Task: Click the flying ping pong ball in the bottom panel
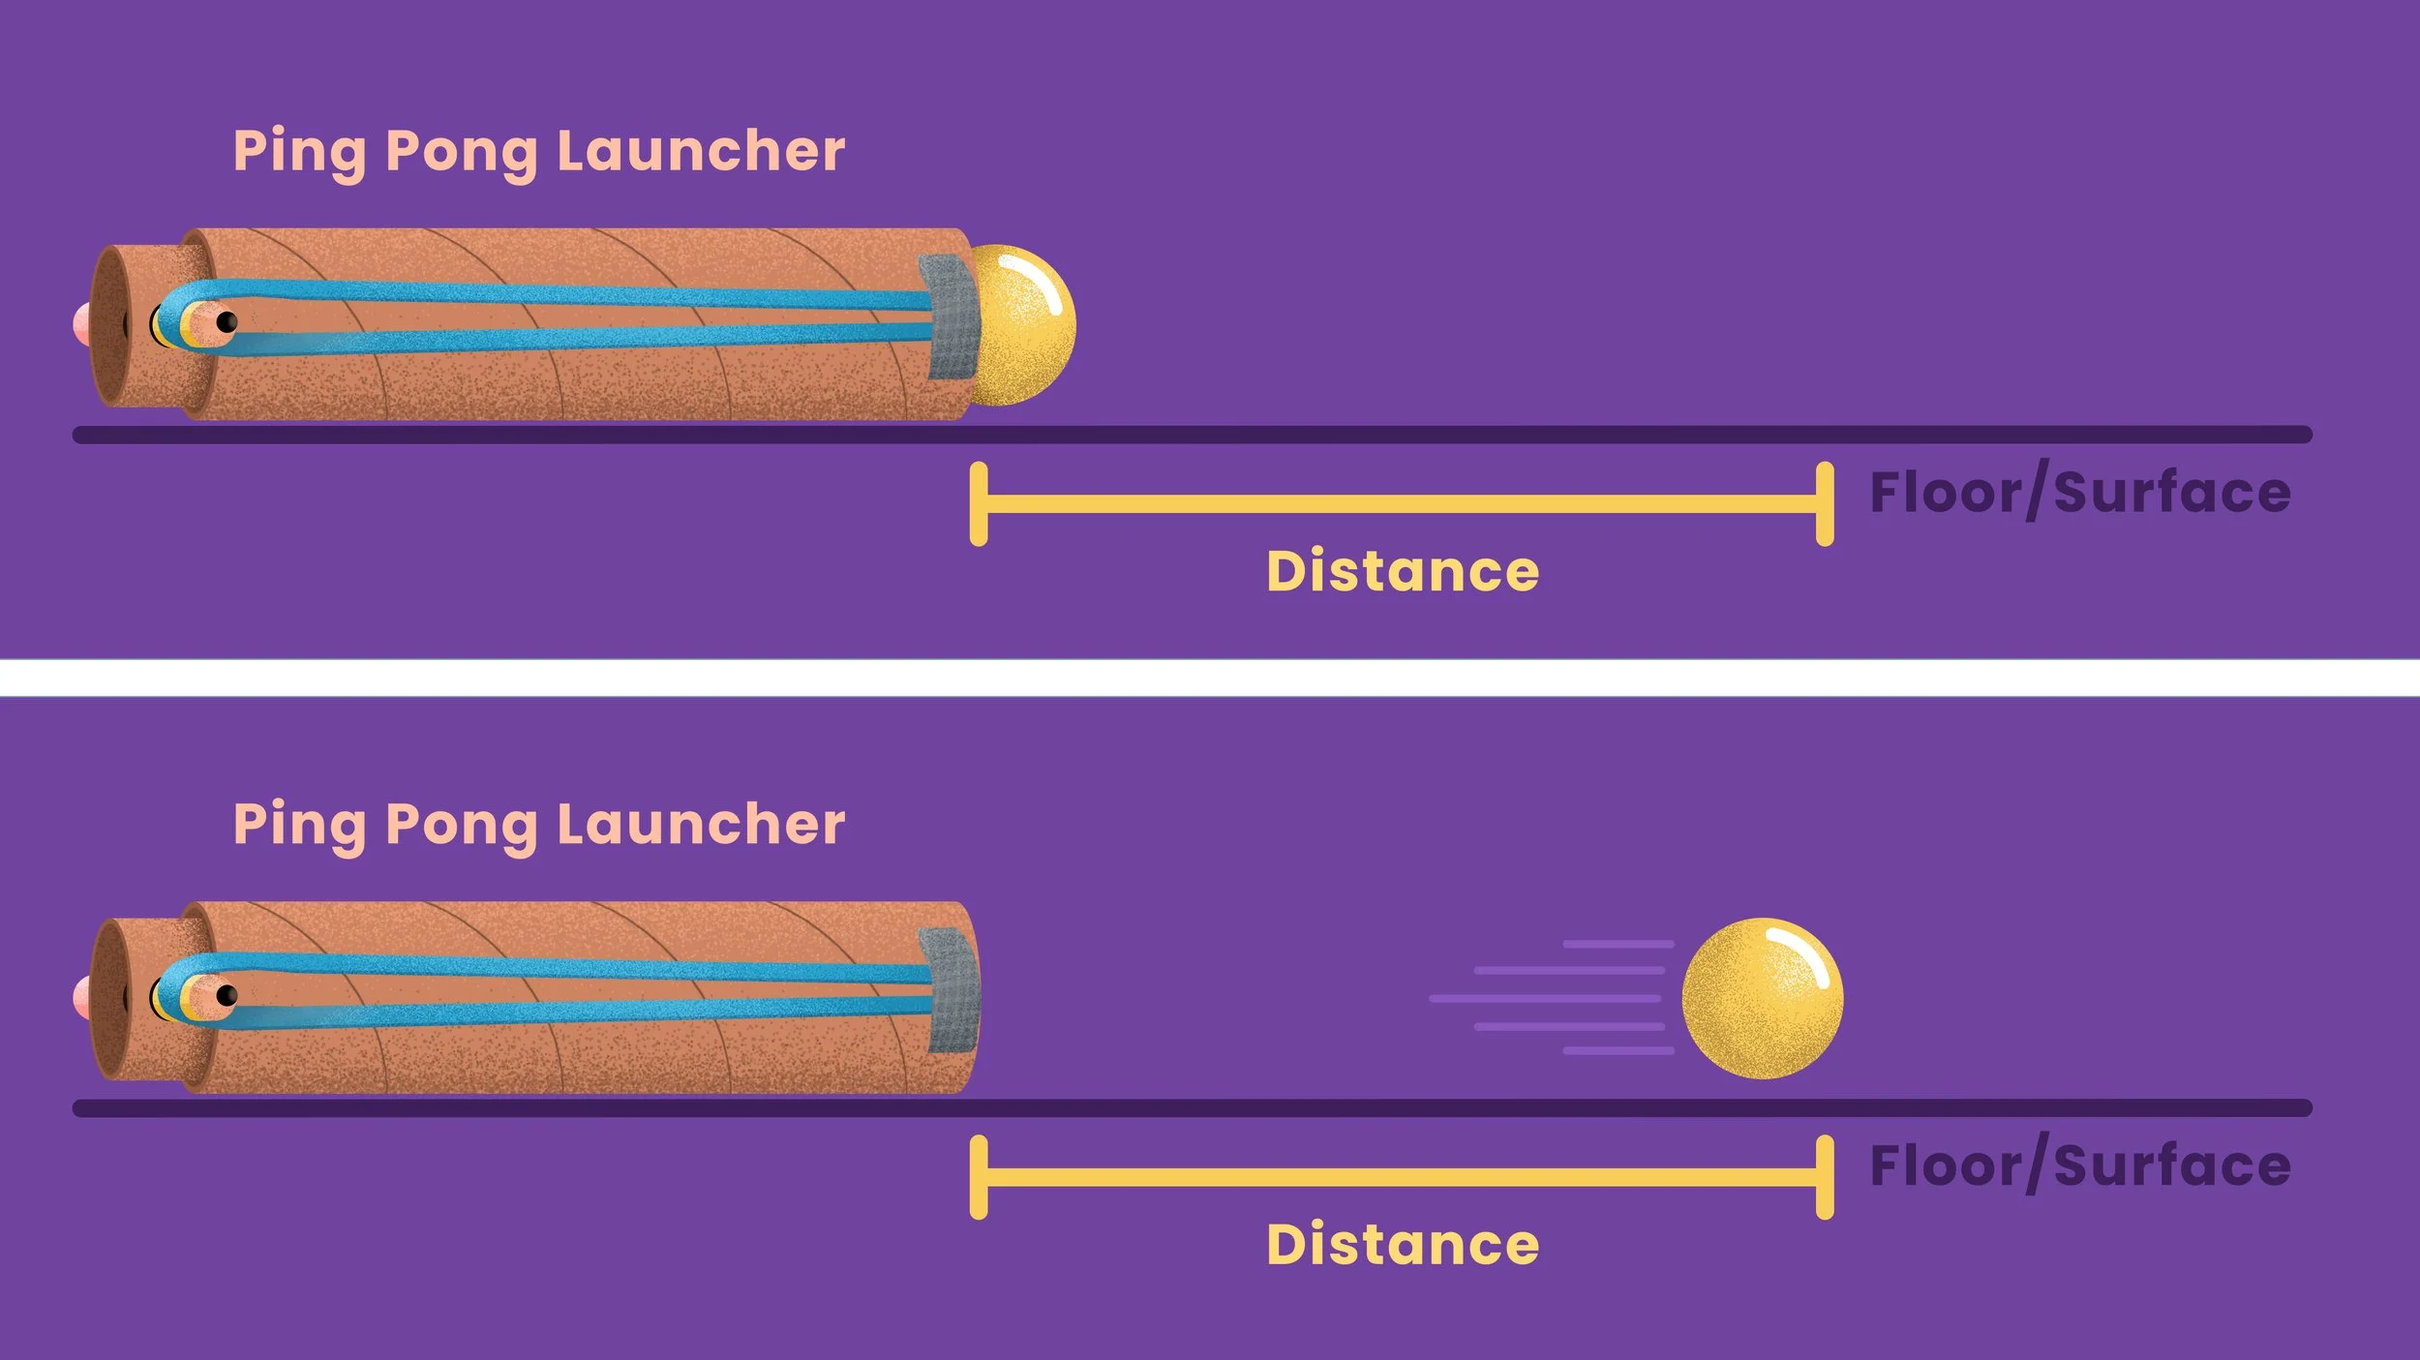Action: [1762, 998]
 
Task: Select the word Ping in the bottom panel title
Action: [299, 825]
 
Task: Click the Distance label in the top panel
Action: [1403, 571]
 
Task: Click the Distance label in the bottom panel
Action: [1403, 1245]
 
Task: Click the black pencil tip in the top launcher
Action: [227, 321]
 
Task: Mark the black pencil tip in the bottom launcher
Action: [227, 994]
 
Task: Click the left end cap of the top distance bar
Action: [979, 504]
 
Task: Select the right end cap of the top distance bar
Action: [1825, 504]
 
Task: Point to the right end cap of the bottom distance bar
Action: [1825, 1177]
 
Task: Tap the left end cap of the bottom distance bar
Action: [979, 1177]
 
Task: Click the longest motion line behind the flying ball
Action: [1544, 998]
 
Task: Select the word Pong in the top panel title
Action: [460, 153]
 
